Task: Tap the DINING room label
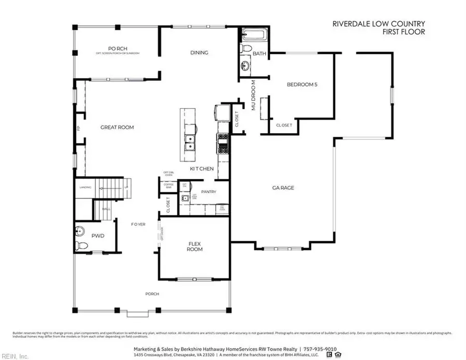(x=199, y=53)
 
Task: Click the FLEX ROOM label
(x=195, y=246)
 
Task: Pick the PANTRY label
(x=209, y=192)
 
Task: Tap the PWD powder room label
(x=98, y=236)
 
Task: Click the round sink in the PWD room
(x=80, y=230)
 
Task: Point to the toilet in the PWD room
(x=79, y=245)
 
